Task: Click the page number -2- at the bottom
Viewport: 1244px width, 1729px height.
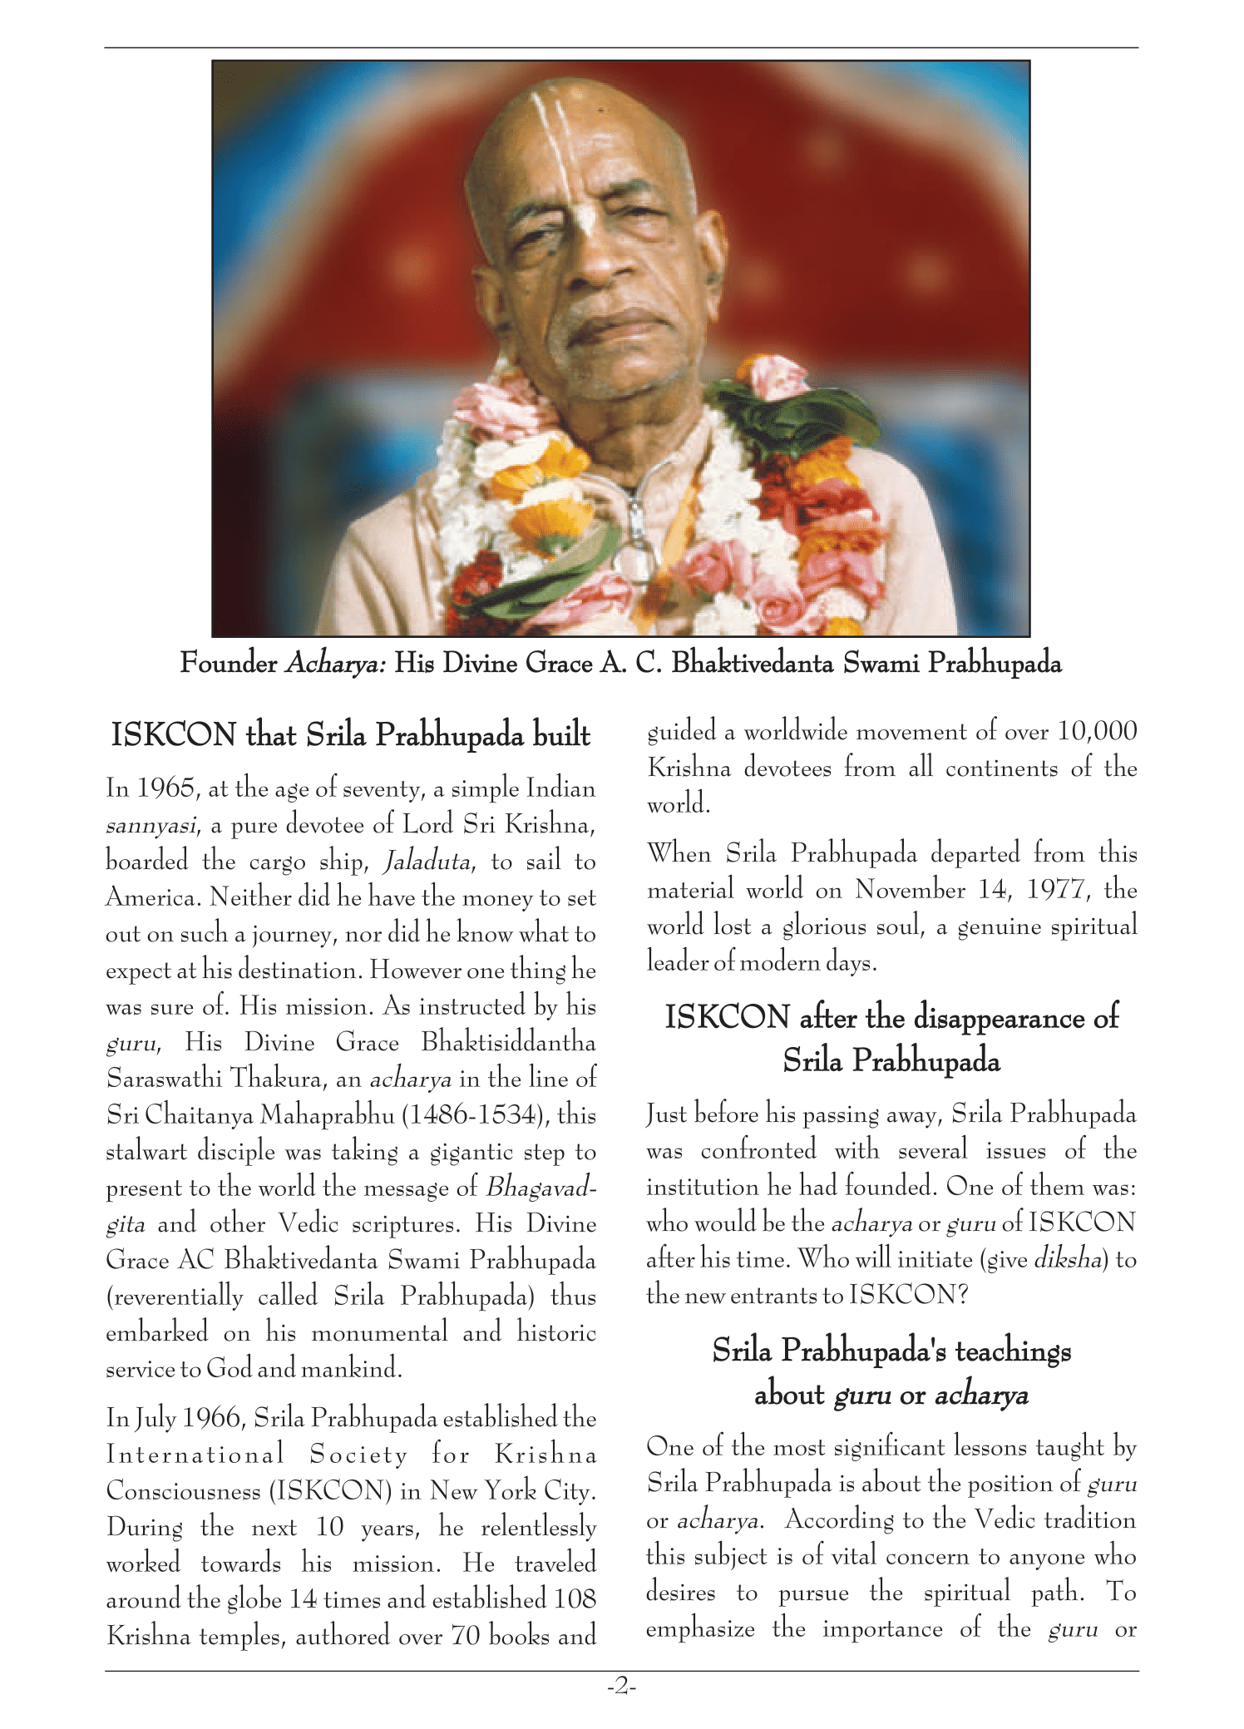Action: click(621, 1687)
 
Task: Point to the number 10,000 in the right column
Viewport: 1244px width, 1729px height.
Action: click(1097, 731)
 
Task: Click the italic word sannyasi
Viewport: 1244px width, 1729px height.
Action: click(151, 825)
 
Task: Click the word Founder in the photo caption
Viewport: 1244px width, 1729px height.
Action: click(229, 663)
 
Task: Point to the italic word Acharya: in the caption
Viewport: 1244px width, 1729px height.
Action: click(335, 664)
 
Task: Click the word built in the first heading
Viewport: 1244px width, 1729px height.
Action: click(562, 735)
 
